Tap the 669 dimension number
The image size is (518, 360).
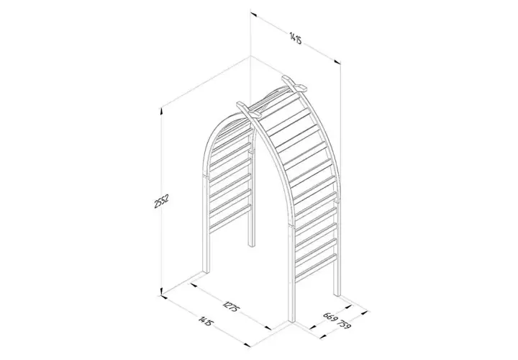pyautogui.click(x=331, y=318)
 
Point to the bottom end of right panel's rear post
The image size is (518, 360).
pyautogui.click(x=335, y=294)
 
